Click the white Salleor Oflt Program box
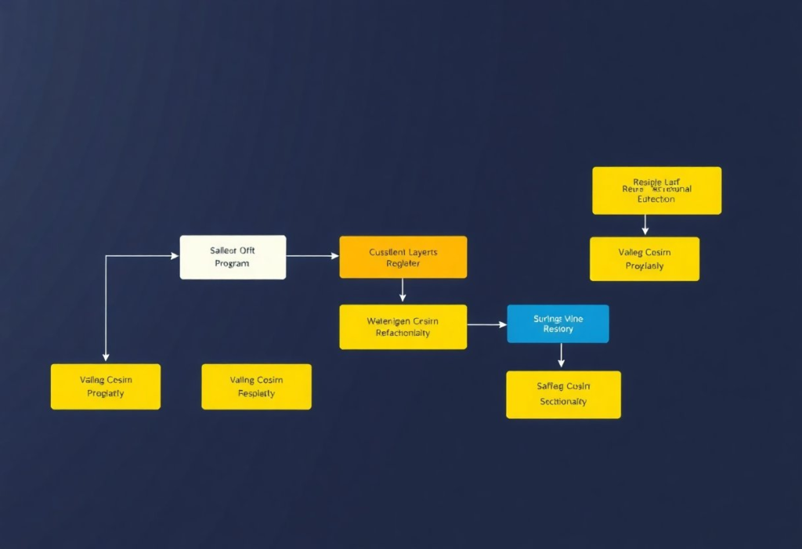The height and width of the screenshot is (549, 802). tap(233, 257)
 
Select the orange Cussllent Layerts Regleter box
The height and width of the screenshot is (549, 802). tap(403, 257)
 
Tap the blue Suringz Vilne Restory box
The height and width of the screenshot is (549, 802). tap(558, 323)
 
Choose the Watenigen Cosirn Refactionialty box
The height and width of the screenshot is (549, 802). tap(403, 327)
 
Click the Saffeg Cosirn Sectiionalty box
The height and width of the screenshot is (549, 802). tap(563, 394)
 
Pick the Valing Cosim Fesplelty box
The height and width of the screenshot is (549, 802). tap(256, 386)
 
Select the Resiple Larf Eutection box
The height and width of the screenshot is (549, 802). tap(656, 190)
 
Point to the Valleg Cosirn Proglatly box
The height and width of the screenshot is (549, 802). tap(644, 258)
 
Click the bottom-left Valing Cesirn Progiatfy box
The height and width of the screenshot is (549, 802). tap(105, 386)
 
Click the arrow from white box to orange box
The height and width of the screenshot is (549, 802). tap(312, 256)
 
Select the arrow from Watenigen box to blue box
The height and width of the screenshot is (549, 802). tap(486, 324)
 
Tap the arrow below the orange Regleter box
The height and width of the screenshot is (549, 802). tap(403, 290)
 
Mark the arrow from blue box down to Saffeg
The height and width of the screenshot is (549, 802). tap(561, 356)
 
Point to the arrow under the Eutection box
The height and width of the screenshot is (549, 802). tap(645, 225)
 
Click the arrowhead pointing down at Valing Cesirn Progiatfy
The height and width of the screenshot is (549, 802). tap(106, 357)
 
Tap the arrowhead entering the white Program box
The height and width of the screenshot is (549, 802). tap(175, 255)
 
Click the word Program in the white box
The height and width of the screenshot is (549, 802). tap(232, 264)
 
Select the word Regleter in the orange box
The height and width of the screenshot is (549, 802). tap(403, 264)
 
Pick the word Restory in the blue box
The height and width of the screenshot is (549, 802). tap(558, 330)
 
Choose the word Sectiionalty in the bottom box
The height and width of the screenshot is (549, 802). tap(563, 402)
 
